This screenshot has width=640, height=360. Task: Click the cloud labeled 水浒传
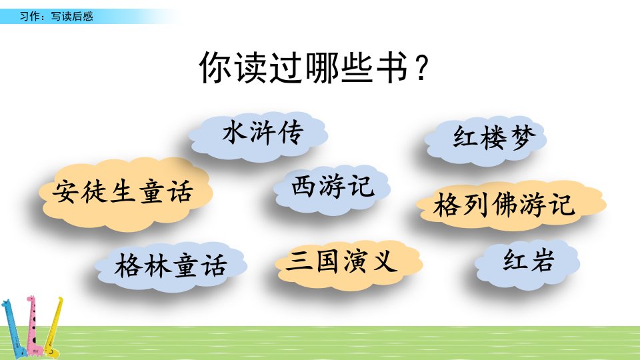tap(258, 135)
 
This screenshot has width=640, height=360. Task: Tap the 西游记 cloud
tap(332, 189)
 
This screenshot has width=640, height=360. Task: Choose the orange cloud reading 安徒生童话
tap(126, 193)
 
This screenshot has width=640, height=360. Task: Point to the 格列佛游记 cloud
tap(511, 205)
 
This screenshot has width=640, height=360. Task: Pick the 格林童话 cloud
tap(171, 266)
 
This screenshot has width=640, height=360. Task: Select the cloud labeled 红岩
tap(527, 264)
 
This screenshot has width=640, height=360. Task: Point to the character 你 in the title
tap(216, 68)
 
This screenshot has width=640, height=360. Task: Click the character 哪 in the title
tap(321, 68)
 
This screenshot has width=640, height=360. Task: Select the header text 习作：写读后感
tap(56, 16)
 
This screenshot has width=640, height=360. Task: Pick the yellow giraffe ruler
tap(54, 327)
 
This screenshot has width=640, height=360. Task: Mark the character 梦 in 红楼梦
tap(523, 138)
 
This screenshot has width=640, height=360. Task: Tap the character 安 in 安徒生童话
tap(65, 191)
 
